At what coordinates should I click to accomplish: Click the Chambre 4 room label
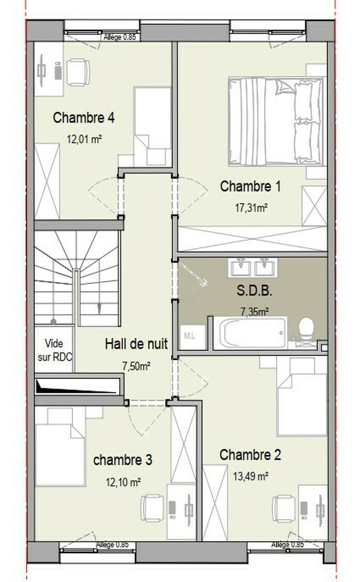(83, 118)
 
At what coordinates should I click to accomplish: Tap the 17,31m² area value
(251, 208)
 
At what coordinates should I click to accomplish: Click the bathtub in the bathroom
(253, 333)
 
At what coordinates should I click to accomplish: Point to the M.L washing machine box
(192, 337)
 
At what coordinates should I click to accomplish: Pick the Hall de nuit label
(136, 344)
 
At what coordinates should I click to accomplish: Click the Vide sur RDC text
(55, 350)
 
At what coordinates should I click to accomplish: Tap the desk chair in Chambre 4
(78, 73)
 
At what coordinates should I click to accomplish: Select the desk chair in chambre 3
(152, 508)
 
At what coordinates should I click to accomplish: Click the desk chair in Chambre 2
(284, 508)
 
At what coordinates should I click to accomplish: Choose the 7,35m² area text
(255, 312)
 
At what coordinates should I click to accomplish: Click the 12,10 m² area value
(123, 482)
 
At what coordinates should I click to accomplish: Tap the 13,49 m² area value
(251, 476)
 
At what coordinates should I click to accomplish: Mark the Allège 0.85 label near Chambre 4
(119, 37)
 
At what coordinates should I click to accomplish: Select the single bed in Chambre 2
(302, 396)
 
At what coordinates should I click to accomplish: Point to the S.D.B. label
(255, 291)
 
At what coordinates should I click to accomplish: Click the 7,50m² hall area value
(136, 366)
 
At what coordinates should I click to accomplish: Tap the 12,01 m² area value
(84, 139)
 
